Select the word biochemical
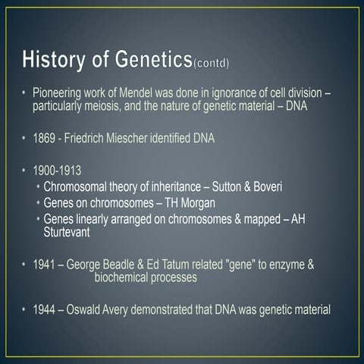point(125,278)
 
